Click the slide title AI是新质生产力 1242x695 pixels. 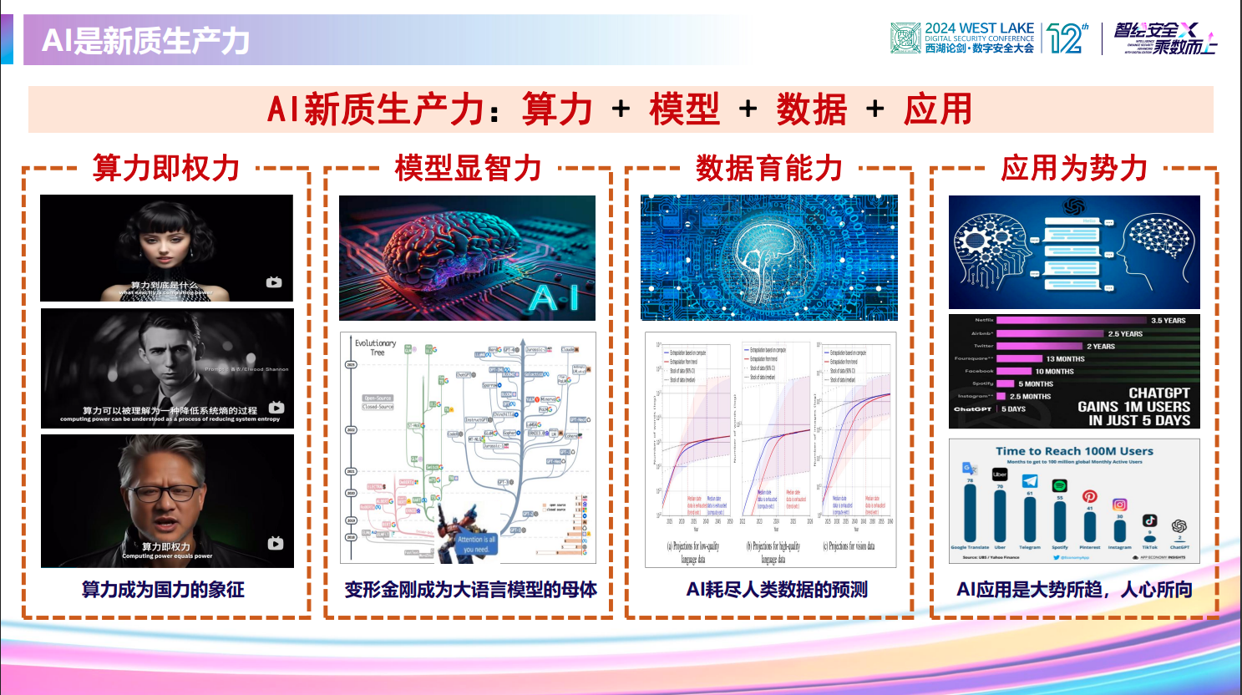point(146,40)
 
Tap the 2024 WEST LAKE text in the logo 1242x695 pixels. point(979,28)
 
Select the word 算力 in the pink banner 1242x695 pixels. point(557,109)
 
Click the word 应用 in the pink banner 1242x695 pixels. point(938,109)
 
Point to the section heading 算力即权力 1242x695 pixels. point(166,168)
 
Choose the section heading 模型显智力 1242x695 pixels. point(468,168)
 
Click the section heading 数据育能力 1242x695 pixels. point(768,168)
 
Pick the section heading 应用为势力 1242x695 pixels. point(1074,168)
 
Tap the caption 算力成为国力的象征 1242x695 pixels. point(163,590)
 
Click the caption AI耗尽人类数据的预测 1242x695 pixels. point(777,590)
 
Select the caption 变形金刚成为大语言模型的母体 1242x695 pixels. point(470,590)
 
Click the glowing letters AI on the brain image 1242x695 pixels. point(554,297)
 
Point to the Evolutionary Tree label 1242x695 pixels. point(375,347)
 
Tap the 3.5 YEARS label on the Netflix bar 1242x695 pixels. point(1168,321)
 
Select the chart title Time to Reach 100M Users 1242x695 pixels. point(1074,451)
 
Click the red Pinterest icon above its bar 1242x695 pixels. point(1089,496)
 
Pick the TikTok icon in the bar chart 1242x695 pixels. point(1149,520)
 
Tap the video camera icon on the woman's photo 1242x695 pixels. point(274,282)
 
